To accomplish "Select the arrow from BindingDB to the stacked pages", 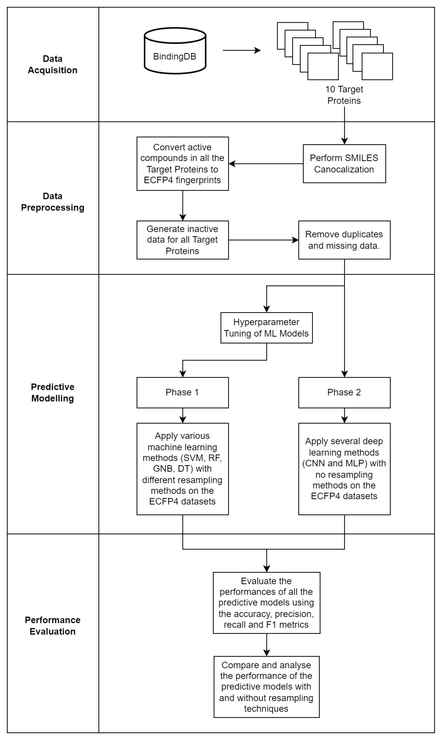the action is click(242, 50).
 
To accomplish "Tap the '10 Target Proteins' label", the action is click(344, 95).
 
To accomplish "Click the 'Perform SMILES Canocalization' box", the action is click(344, 164).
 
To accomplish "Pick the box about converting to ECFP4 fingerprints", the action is click(183, 164).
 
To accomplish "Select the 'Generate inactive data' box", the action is click(183, 240).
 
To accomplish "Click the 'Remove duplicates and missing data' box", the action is click(344, 240).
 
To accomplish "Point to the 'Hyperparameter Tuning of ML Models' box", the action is click(267, 328).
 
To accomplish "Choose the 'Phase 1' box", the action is click(183, 393).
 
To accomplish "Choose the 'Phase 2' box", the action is click(344, 393).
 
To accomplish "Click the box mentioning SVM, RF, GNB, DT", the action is click(183, 469).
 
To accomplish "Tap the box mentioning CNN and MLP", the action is click(344, 469).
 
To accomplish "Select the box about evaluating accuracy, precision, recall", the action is click(267, 603).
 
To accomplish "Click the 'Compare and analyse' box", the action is click(267, 686).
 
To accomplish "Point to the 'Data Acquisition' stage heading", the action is click(53, 64).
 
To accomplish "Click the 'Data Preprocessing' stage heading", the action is click(53, 202).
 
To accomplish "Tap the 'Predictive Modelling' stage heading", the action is click(53, 393).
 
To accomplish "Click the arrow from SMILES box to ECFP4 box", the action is click(266, 164).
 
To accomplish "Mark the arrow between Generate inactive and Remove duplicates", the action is click(264, 240).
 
